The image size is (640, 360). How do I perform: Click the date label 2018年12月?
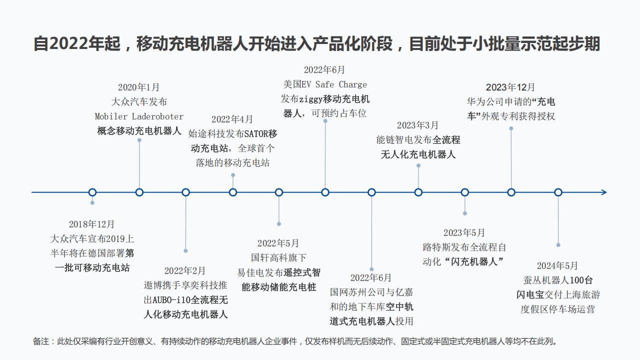91,224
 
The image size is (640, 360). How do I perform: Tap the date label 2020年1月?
138,87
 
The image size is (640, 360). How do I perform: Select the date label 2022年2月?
185,270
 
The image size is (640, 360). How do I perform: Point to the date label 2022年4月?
232,119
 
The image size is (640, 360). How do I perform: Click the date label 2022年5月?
278,243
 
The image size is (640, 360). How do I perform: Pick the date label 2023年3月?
417,125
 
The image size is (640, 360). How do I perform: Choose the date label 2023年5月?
464,232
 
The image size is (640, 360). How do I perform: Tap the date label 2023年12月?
510,87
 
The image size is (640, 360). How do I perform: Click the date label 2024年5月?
557,265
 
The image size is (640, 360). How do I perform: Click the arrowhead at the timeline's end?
604,192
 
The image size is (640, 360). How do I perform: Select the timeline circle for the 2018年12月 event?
92,192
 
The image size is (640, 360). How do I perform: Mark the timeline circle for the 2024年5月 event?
558,192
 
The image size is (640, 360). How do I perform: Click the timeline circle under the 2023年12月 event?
511,192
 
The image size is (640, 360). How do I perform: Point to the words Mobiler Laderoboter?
139,116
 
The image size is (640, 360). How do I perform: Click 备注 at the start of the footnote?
41,341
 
